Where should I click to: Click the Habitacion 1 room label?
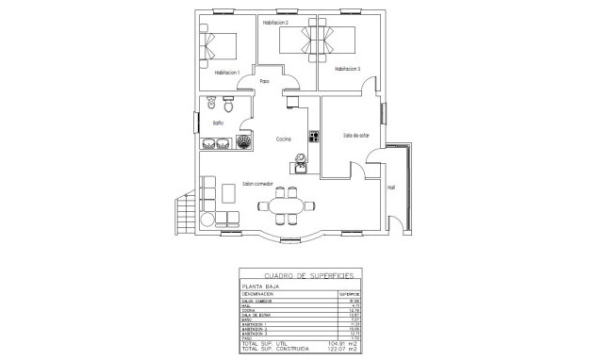[227, 73]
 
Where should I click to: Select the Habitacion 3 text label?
[346, 69]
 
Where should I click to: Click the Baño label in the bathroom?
[217, 123]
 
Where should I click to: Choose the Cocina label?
[284, 139]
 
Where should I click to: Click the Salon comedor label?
[257, 184]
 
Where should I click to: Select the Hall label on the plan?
[390, 188]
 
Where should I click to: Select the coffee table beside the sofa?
[229, 191]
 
